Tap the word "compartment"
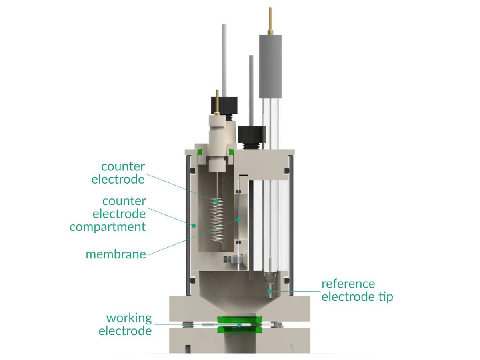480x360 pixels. [108, 227]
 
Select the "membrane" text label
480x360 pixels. [116, 254]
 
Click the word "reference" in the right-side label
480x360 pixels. [348, 284]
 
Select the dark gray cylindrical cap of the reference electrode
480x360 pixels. [270, 66]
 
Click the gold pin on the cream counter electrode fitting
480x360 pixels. [217, 100]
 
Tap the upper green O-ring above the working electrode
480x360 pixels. [239, 320]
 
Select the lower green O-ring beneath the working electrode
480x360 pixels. [239, 330]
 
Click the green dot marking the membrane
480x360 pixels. [239, 219]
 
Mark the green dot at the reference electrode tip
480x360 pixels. [271, 291]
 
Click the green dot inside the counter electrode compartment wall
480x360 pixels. [194, 225]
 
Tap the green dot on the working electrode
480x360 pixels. [239, 325]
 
